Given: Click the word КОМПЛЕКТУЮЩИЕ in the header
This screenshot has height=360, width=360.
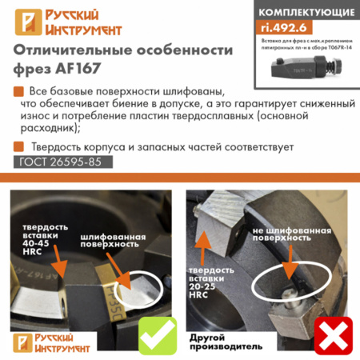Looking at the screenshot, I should (x=304, y=12).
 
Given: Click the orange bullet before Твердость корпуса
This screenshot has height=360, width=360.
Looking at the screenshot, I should (x=18, y=146).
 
